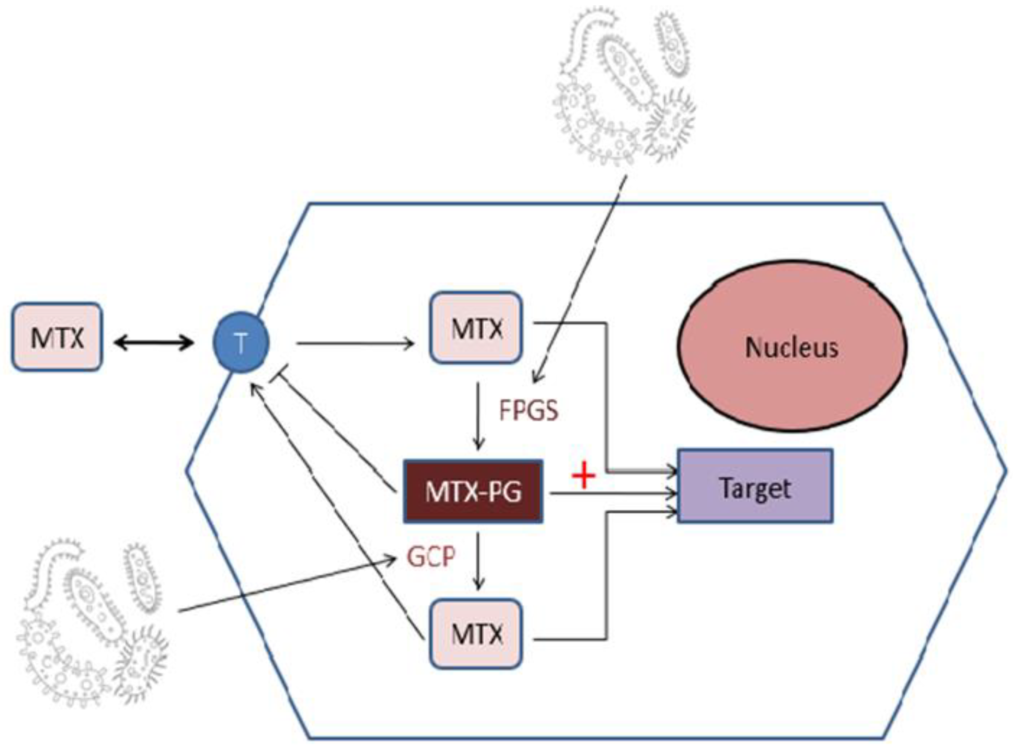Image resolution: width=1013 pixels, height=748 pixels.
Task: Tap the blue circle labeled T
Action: coord(241,343)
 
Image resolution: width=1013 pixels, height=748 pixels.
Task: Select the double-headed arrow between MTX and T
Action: coord(154,343)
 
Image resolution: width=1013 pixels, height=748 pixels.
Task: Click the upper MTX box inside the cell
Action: coord(476,328)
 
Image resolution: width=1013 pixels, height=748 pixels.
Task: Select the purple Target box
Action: coord(755,487)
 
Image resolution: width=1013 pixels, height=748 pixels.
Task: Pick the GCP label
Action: coord(430,556)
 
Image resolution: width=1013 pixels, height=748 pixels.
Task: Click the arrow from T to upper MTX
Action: coord(355,344)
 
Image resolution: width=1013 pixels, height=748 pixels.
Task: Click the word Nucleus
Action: coord(792,348)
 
